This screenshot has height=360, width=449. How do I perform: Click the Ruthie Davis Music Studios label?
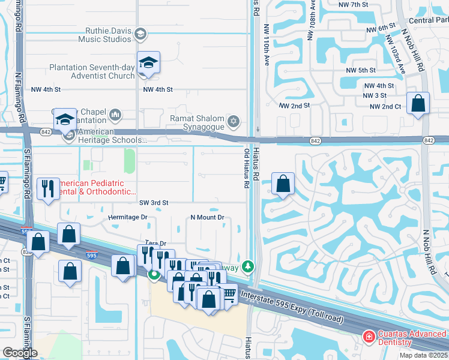pos(104,33)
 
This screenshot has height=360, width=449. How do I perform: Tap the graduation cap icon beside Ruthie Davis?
pos(141,33)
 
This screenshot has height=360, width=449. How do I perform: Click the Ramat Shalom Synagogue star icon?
pos(234,122)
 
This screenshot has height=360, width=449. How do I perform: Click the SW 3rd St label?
pos(154,203)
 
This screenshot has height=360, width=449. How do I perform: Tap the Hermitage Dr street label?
pos(127,217)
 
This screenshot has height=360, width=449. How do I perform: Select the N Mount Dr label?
pos(207,217)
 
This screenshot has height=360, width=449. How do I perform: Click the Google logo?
pos(20,353)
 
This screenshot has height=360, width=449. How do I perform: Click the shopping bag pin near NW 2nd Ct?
pos(418,103)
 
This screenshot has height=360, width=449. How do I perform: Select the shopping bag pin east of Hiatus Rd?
pos(283,184)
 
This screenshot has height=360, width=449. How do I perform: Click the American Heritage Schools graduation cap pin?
pos(65,119)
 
